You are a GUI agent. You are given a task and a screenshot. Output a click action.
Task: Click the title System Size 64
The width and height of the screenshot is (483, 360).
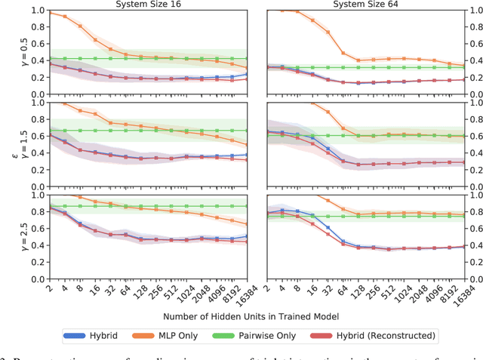pyautogui.click(x=365, y=5)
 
